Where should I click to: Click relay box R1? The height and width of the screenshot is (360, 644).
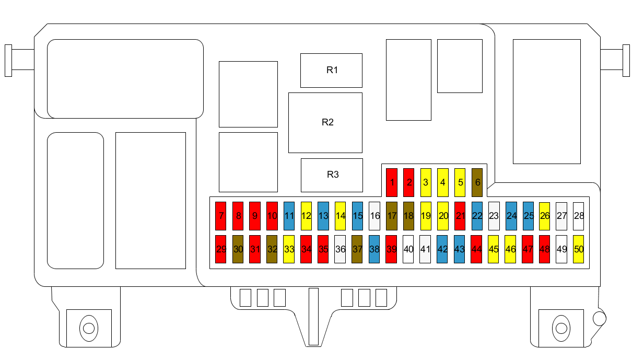[331, 70]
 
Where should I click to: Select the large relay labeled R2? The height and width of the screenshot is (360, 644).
[325, 123]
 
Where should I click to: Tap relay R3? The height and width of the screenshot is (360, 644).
[332, 175]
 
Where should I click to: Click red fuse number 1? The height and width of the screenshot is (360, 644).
[391, 182]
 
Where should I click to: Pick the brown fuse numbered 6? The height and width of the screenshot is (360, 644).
[477, 182]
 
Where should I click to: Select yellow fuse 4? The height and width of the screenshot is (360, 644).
[443, 182]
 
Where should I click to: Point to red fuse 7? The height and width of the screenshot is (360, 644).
[221, 216]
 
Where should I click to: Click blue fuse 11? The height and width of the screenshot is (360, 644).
[289, 216]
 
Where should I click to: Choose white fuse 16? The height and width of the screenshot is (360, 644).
[374, 216]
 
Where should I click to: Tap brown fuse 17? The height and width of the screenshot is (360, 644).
[391, 216]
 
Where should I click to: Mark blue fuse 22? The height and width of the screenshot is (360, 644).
[477, 216]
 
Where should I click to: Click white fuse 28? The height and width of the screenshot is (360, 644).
[578, 216]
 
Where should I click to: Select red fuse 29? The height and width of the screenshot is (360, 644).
[221, 249]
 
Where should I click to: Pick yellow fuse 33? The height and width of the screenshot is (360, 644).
[289, 249]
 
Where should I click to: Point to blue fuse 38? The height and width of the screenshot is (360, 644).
[374, 249]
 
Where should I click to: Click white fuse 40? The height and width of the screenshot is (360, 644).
[408, 249]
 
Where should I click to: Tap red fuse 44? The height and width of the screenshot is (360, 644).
[476, 249]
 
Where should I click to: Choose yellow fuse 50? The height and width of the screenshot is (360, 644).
[578, 249]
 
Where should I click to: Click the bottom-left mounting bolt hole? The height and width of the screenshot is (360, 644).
[89, 328]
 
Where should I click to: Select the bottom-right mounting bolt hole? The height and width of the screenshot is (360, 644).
[561, 328]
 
